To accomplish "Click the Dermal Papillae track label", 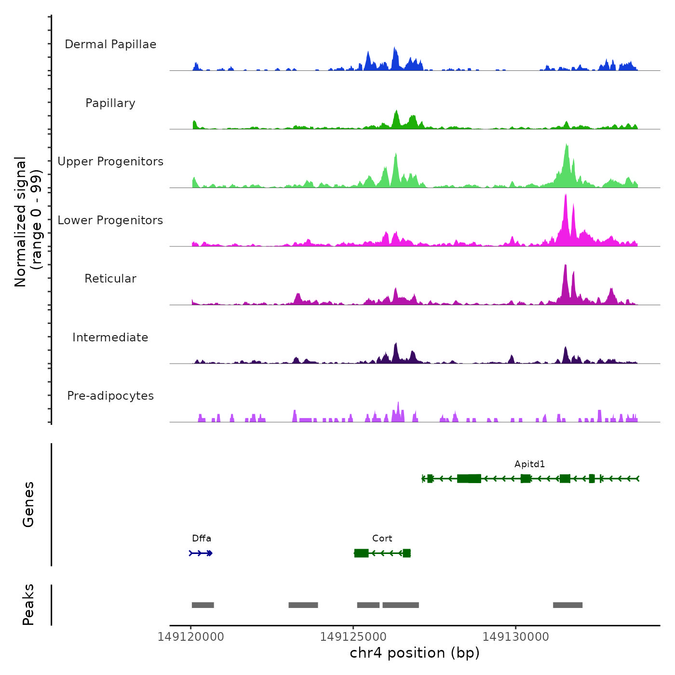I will click(110, 44).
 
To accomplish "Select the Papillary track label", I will click(110, 103).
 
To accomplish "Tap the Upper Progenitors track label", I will click(110, 162).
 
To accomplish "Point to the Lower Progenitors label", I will click(110, 220).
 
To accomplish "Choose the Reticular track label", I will click(110, 279).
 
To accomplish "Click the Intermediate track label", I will click(110, 337).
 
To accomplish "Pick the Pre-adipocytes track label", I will click(110, 396).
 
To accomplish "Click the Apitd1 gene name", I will click(529, 464).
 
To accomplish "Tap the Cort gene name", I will click(382, 539).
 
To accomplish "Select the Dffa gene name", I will click(201, 539).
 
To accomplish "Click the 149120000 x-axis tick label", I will click(190, 637).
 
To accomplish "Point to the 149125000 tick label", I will click(353, 637).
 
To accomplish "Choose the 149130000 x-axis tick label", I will click(515, 637).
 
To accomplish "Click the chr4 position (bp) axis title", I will click(415, 653).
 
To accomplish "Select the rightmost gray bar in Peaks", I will click(567, 605).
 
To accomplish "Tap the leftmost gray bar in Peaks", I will click(202, 605).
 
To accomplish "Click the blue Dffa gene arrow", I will click(201, 553).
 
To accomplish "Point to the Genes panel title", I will click(28, 504).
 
